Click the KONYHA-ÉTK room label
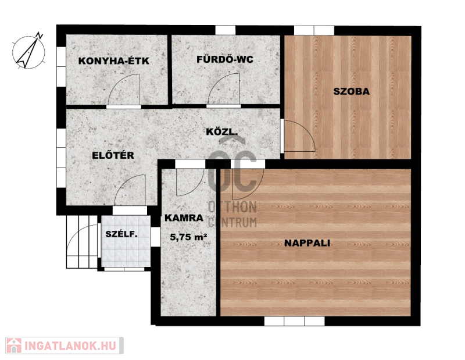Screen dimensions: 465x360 pos(113,61)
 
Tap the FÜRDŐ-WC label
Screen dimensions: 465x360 pos(225,59)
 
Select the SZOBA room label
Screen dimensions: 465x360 pos(352,91)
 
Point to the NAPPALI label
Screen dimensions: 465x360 pos(307,243)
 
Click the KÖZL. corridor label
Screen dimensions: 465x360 pos(222,132)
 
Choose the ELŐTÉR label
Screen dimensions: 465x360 pos(113,155)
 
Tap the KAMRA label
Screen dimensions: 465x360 pos(184,218)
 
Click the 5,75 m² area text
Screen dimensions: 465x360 pos(188,237)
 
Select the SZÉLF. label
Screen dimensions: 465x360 pos(121,234)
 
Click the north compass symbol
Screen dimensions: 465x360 pos(28,51)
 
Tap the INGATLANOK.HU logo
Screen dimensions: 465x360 pos(65,345)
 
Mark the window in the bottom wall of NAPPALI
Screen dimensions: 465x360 pos(294,321)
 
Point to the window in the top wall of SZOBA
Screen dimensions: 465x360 pos(314,30)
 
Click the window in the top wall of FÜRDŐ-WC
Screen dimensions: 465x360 pos(225,30)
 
